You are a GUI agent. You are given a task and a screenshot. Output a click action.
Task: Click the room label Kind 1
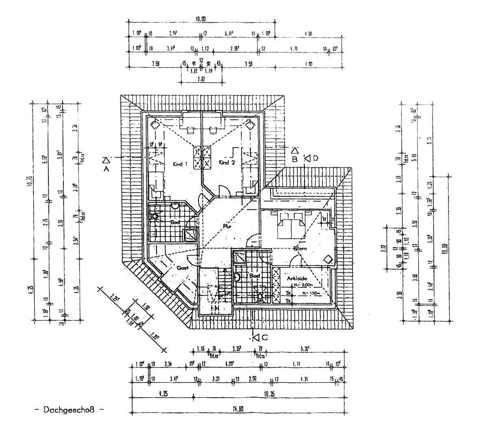point(180,164)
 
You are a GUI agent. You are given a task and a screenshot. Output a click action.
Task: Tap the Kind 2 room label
point(227,163)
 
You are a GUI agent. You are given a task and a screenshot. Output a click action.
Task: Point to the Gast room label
point(182,268)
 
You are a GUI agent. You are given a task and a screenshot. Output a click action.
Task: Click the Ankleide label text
point(296,278)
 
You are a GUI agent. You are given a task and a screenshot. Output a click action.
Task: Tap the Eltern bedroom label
point(300,248)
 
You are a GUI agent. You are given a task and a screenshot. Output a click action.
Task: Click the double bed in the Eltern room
point(291,225)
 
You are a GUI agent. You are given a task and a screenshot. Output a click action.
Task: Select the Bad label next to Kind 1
point(175,222)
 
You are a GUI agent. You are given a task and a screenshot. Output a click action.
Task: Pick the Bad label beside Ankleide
point(254,276)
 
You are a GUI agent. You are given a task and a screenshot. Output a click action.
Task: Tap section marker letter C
point(265,337)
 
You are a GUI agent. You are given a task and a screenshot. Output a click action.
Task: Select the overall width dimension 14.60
point(238,409)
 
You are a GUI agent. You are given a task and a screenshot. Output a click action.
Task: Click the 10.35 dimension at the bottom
point(269,393)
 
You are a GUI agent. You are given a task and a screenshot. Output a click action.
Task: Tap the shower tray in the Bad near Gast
point(190,235)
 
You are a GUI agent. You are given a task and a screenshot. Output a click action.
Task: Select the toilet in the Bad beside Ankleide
point(260,297)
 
